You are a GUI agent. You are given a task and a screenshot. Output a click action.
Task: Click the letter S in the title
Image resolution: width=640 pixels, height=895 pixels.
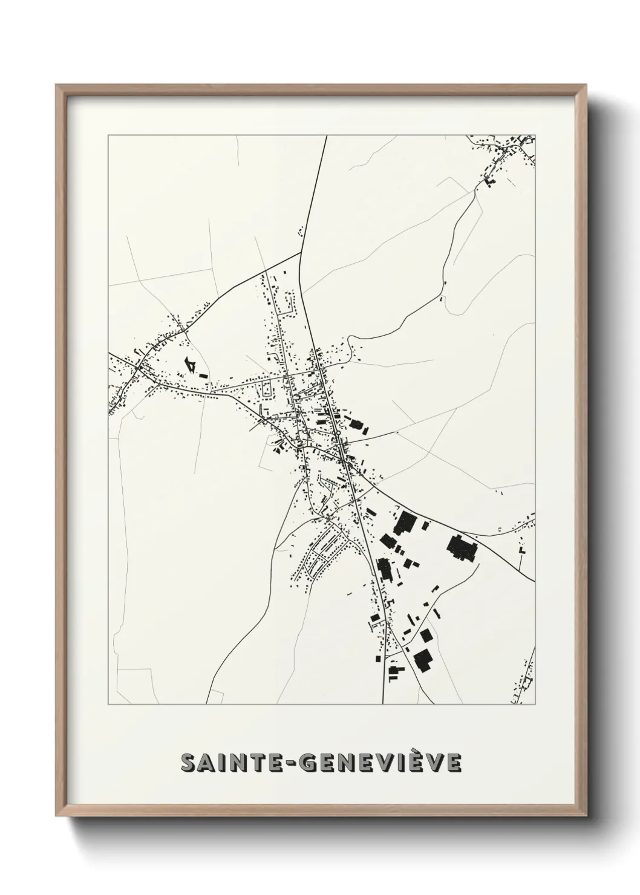[x=188, y=763]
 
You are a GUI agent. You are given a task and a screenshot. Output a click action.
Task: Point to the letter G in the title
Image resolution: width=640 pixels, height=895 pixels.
[x=309, y=763]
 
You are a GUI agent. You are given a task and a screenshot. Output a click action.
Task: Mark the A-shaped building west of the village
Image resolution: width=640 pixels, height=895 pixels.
[x=191, y=365]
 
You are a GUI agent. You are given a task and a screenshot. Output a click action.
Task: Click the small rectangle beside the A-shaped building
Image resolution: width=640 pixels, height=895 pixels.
[x=204, y=376]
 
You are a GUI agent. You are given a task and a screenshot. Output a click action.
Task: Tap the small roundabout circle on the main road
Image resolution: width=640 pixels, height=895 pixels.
[x=344, y=461]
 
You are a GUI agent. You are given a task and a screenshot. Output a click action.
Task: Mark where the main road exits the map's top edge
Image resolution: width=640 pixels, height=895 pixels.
[x=327, y=137]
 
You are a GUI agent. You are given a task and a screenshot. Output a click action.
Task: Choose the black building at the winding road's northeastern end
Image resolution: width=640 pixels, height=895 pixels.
[x=489, y=180]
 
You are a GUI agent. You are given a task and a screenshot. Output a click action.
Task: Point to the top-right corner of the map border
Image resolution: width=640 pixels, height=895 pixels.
[x=535, y=135]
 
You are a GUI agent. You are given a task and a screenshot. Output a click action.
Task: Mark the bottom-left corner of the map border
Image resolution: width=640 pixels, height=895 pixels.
[x=108, y=705]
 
